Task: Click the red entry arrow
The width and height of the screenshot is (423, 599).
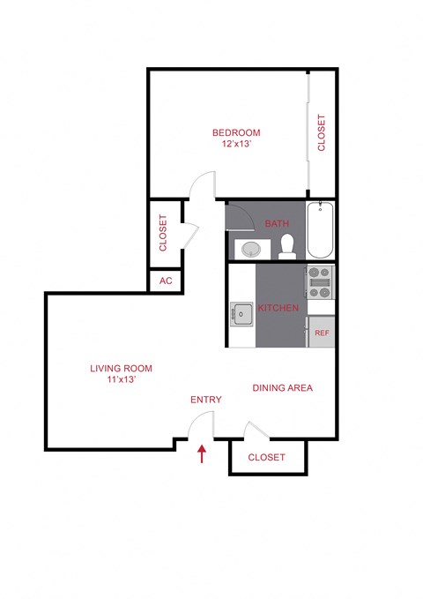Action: click(x=202, y=453)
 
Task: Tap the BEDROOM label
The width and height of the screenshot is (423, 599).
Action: click(x=235, y=132)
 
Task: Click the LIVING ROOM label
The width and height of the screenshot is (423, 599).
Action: click(x=121, y=368)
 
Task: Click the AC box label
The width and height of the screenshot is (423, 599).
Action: click(x=165, y=281)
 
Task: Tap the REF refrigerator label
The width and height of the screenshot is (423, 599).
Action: click(x=322, y=333)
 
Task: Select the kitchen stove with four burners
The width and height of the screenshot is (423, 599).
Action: click(x=321, y=281)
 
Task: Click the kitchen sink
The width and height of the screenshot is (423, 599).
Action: click(x=241, y=311)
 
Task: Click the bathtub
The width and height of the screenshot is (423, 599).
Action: click(x=320, y=228)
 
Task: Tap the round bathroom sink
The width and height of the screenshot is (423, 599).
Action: click(x=251, y=249)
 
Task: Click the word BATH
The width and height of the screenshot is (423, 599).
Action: click(x=277, y=224)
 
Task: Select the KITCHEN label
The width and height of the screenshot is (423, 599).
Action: click(x=278, y=308)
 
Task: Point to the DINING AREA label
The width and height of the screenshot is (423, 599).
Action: click(x=282, y=387)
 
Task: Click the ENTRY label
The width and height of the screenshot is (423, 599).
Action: click(x=206, y=400)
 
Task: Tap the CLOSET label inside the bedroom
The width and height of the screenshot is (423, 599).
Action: click(x=322, y=133)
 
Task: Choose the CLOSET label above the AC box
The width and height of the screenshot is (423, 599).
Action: click(x=163, y=233)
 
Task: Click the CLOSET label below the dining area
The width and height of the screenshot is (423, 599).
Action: click(x=266, y=457)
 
